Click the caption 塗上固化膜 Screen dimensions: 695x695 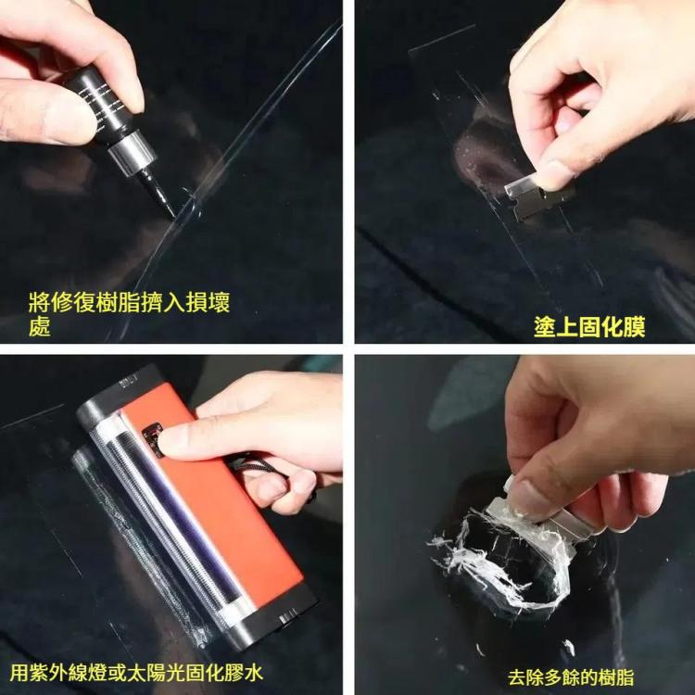(x=589, y=326)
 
